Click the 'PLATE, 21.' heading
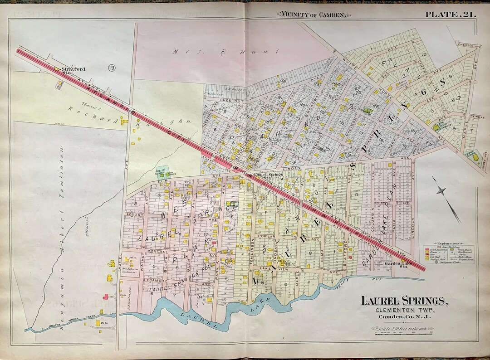(450, 14)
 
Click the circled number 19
(111, 68)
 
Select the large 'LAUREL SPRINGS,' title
(404, 300)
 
